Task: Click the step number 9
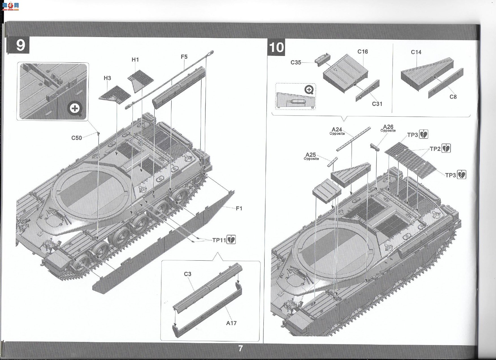point(20,45)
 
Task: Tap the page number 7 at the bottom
point(241,348)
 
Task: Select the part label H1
point(135,60)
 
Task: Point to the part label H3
point(107,78)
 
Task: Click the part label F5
point(184,57)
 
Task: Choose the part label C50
point(77,138)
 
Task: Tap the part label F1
point(239,208)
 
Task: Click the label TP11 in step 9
point(219,240)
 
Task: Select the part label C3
point(188,274)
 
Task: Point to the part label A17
point(231,323)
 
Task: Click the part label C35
point(296,62)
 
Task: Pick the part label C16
point(363,52)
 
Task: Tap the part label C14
point(416,52)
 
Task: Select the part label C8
point(453,97)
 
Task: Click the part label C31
point(377,104)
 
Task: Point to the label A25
point(311,155)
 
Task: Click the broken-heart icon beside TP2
point(446,149)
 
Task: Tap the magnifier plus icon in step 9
point(75,108)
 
